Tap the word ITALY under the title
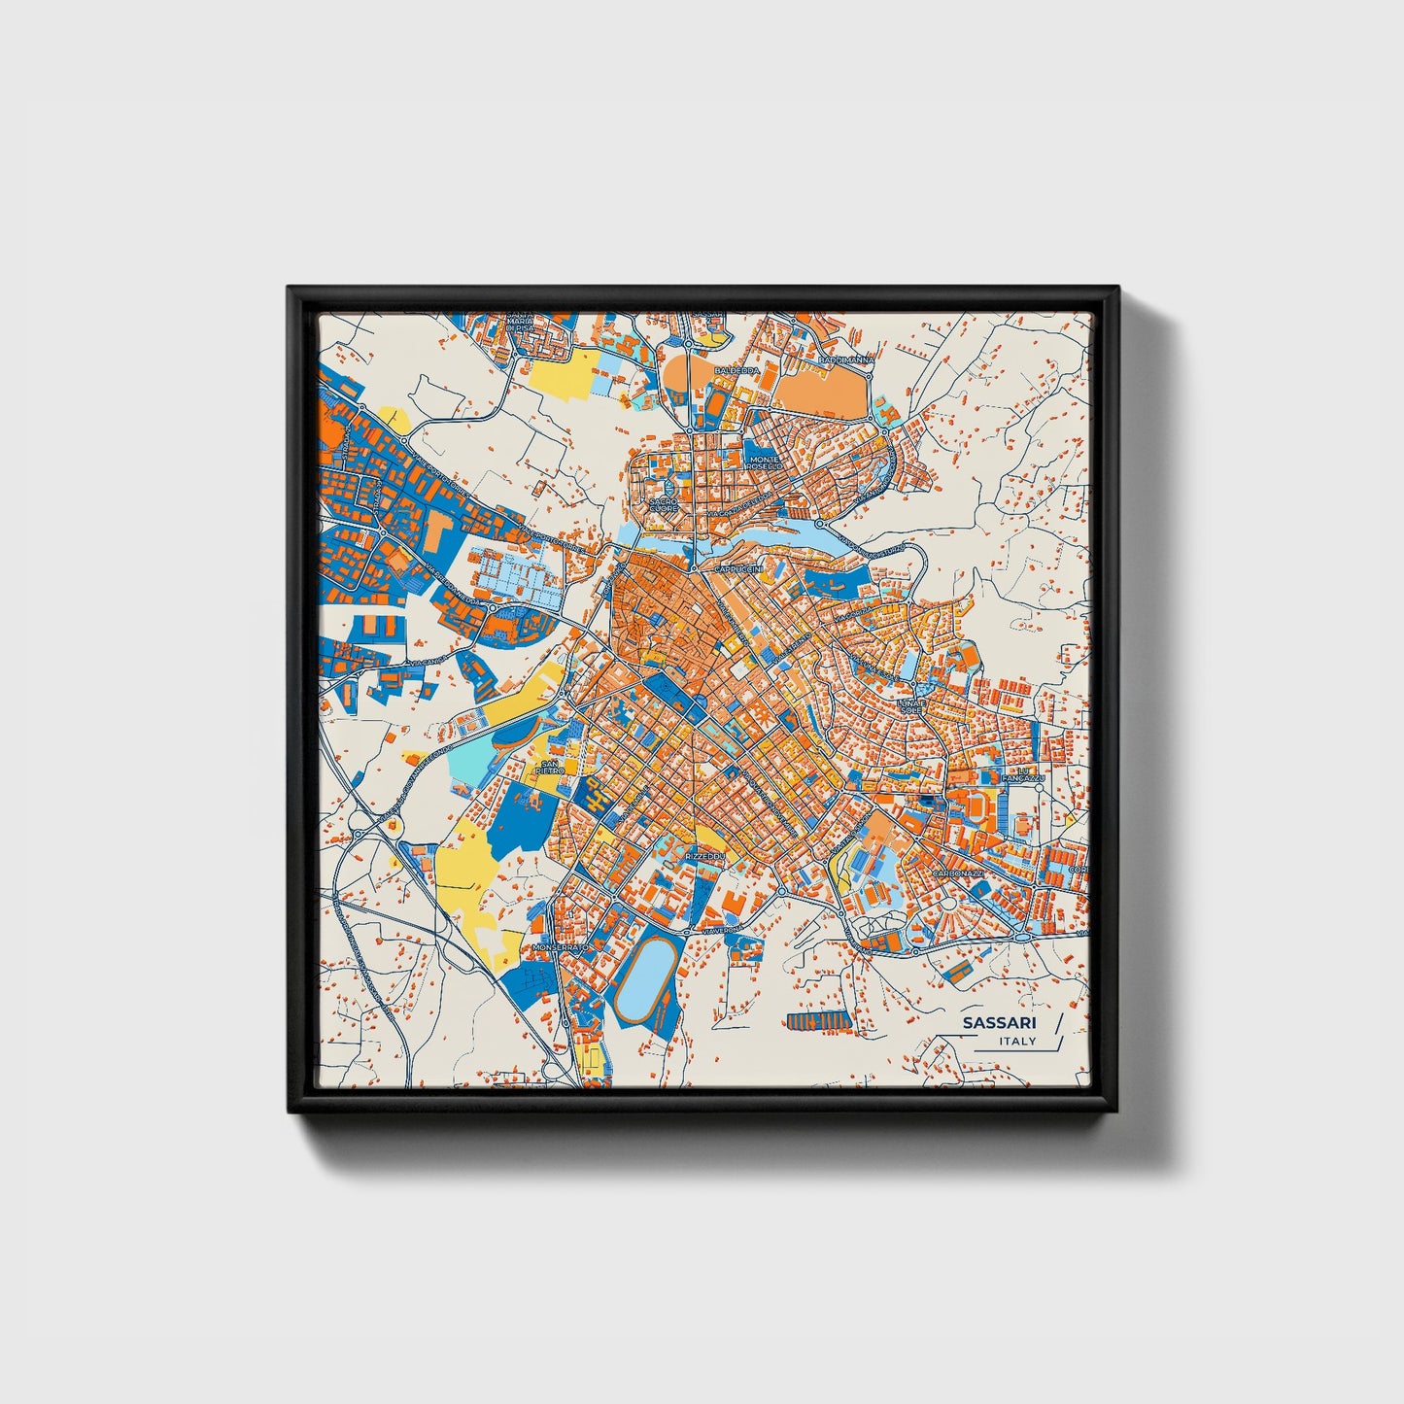(x=1017, y=1042)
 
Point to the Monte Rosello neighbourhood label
(x=765, y=463)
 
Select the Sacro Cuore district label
(x=664, y=505)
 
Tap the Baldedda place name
(x=736, y=371)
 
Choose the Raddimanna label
(x=846, y=360)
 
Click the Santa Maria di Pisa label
(x=520, y=323)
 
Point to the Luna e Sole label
(x=910, y=705)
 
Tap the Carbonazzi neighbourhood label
(x=959, y=873)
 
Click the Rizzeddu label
(x=705, y=856)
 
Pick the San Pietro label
(x=551, y=768)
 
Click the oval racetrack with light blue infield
(x=647, y=975)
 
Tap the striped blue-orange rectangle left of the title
(x=818, y=1020)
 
